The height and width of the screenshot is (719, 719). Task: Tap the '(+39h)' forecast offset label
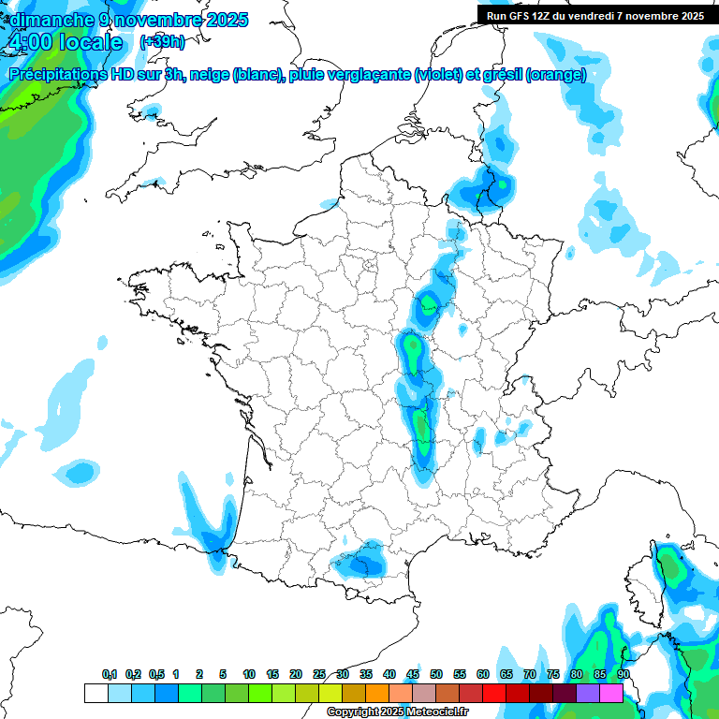click(162, 42)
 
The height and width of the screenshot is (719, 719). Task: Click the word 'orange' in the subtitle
click(559, 75)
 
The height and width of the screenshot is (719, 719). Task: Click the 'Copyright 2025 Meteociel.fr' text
click(397, 712)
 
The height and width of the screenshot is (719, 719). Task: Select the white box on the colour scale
click(95, 694)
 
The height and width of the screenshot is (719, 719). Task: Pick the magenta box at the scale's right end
click(611, 694)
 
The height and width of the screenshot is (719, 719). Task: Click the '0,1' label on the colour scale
click(110, 674)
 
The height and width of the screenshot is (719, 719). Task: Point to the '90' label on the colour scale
click(623, 674)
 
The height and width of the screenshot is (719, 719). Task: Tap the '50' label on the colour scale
click(436, 674)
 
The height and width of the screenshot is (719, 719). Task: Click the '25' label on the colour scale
click(319, 674)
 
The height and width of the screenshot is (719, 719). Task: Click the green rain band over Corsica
click(670, 566)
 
